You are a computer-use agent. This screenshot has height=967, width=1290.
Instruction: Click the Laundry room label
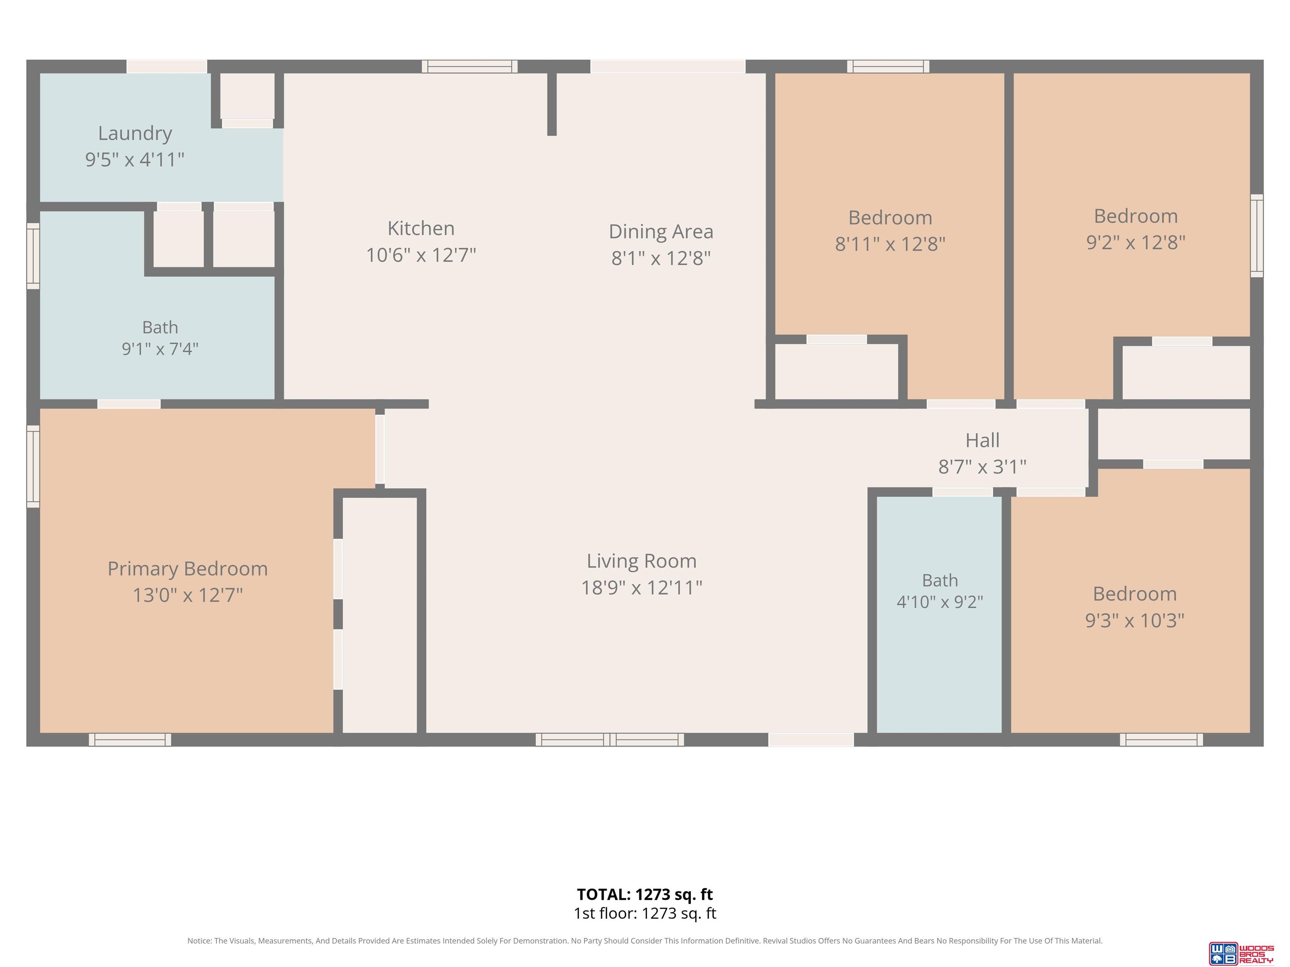[135, 133]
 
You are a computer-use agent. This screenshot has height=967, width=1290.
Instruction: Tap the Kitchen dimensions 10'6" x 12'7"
[421, 255]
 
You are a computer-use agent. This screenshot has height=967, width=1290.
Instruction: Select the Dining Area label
[661, 231]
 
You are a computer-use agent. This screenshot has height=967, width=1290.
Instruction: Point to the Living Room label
[642, 561]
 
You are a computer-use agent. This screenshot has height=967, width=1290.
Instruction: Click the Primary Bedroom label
[188, 568]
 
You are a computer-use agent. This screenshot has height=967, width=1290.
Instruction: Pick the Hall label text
[983, 440]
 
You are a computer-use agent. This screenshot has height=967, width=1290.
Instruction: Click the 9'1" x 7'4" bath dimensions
[160, 348]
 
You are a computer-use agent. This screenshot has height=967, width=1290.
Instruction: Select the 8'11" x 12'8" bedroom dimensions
[890, 244]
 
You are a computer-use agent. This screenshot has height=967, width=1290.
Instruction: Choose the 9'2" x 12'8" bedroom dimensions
[1135, 242]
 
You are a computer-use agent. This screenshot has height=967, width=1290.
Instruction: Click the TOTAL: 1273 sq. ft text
[645, 894]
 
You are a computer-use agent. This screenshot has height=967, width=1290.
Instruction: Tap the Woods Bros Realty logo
[1241, 953]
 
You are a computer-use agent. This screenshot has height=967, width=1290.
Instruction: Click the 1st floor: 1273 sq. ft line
[645, 913]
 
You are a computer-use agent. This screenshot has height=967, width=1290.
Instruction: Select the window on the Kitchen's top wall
[469, 66]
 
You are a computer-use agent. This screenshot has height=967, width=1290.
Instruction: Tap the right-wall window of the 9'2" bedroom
[1257, 235]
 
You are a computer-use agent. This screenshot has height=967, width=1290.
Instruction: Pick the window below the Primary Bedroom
[130, 740]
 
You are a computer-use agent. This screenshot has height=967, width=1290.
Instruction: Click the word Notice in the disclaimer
[199, 941]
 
